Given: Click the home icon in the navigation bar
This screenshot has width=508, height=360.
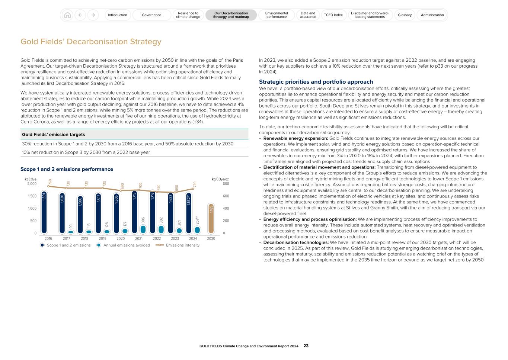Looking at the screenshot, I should coord(67,15).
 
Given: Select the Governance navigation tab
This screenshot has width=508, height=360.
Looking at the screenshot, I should coord(151,15).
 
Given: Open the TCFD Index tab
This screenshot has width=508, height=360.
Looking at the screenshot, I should coord(333,15).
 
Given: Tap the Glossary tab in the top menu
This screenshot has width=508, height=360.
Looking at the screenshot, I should coord(405,15).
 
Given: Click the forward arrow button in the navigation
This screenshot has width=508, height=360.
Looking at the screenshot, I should coord(93,15).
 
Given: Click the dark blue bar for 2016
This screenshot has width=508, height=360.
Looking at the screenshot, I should coord(44,212).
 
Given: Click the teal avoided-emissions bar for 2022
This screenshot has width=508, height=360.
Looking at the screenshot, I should coord(161,229).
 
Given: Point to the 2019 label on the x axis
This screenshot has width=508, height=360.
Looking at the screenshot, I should coord(102,239).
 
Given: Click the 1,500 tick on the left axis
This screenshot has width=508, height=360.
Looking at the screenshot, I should coord(32,196).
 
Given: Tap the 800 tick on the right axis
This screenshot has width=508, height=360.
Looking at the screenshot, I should coord(226,184).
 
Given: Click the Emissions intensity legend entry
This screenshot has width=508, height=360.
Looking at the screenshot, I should coord(182,245).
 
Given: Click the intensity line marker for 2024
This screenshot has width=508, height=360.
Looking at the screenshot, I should coord(193,189).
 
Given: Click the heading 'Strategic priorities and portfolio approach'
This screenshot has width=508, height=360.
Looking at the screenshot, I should coord(316,82).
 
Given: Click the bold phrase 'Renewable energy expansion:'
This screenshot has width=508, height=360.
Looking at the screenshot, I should coord(295,138).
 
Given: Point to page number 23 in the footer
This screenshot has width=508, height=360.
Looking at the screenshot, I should coord(306,346).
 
